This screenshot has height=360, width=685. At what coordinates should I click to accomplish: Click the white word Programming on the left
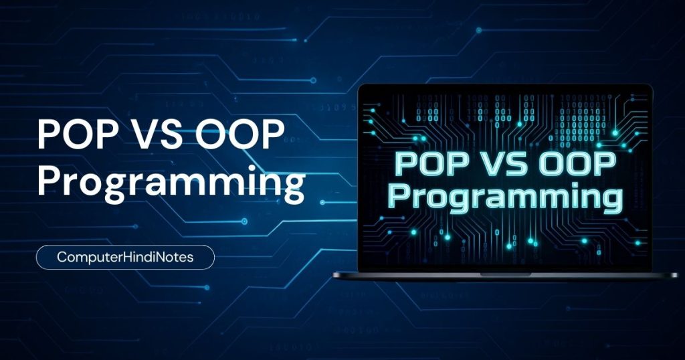tap(171, 183)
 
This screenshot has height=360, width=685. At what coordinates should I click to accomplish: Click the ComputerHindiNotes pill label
tap(125, 258)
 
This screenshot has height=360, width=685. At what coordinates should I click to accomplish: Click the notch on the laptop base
tap(505, 274)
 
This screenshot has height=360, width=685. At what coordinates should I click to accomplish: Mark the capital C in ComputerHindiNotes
tap(62, 257)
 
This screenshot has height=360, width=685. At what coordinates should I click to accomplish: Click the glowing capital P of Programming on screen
tap(398, 195)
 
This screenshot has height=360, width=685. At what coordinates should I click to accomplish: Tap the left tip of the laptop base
tap(333, 275)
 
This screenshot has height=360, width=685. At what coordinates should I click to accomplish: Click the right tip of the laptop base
tap(677, 275)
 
